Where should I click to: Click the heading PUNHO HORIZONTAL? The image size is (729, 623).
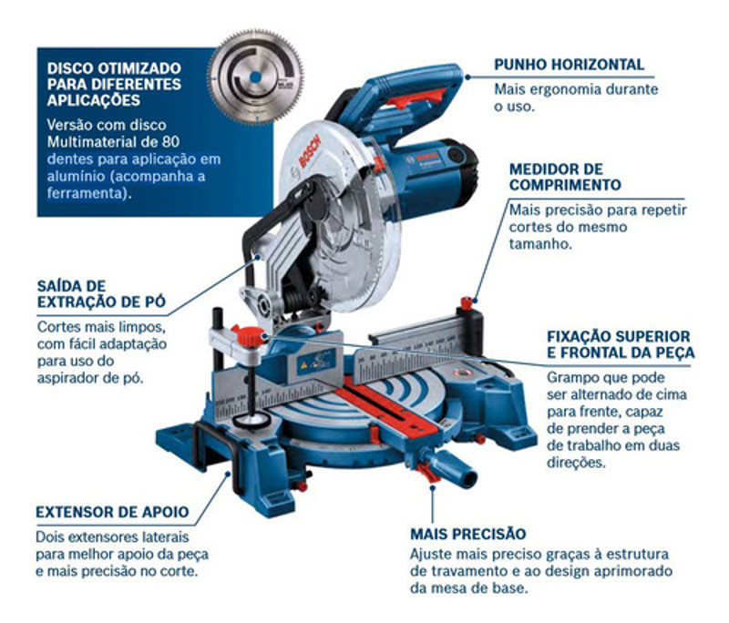[x=569, y=65]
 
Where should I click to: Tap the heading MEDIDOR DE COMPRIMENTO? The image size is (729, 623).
[x=565, y=177]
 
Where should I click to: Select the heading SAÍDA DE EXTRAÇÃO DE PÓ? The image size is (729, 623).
[x=101, y=293]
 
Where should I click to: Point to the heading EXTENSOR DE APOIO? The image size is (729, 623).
[x=112, y=512]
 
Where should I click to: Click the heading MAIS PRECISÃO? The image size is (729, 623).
[x=467, y=534]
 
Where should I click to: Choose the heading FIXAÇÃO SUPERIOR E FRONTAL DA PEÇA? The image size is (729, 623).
[x=621, y=344]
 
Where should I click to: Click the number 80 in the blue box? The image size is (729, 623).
[x=170, y=141]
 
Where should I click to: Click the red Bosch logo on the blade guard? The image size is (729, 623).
[x=310, y=150]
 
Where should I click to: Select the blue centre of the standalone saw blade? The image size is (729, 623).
[x=255, y=77]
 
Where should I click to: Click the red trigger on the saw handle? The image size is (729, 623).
[x=416, y=98]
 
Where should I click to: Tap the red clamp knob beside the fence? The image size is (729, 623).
[x=249, y=336]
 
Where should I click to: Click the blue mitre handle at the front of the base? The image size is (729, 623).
[x=450, y=467]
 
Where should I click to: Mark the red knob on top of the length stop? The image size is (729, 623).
[x=467, y=303]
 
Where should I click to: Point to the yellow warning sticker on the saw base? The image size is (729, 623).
[x=303, y=365]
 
